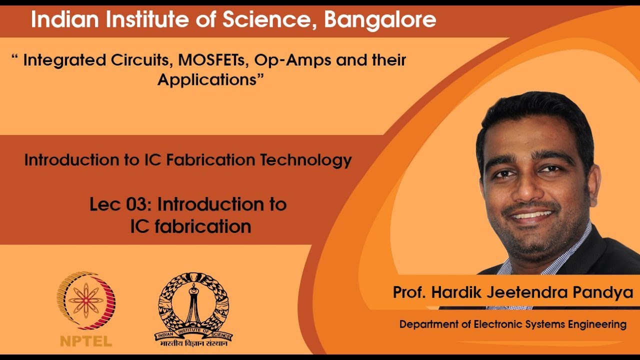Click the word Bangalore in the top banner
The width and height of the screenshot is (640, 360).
(380, 20)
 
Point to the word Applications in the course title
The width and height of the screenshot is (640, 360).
(207, 79)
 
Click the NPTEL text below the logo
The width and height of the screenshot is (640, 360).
(86, 342)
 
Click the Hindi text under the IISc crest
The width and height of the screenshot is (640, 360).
(193, 344)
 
